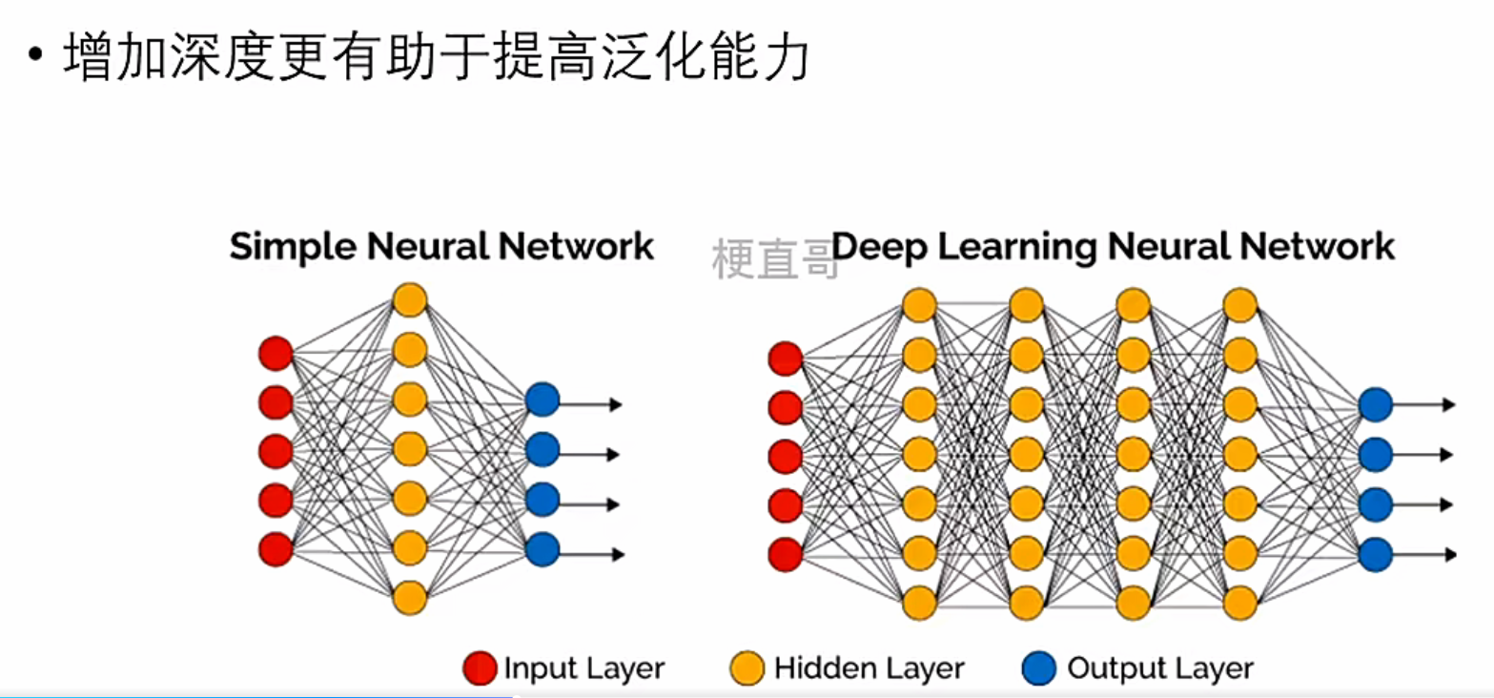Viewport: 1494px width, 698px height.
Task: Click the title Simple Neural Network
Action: tap(441, 247)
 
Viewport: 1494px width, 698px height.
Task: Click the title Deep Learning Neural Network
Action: tap(1113, 247)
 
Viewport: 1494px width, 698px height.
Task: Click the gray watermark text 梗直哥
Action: tap(774, 260)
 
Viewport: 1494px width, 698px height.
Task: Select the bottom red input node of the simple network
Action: tap(276, 549)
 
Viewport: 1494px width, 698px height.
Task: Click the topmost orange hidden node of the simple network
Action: tap(409, 299)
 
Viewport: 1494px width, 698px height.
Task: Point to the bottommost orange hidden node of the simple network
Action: tap(409, 598)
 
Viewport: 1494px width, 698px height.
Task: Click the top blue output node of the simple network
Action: tap(542, 400)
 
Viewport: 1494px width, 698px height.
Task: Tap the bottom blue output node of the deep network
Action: tap(1375, 554)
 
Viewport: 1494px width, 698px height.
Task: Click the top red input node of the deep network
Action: tap(785, 359)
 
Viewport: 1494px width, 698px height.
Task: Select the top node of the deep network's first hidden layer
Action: tap(919, 305)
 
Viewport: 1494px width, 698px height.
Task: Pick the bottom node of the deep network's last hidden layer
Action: tap(1239, 603)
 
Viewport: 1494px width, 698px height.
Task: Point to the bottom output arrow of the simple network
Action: tap(591, 554)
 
